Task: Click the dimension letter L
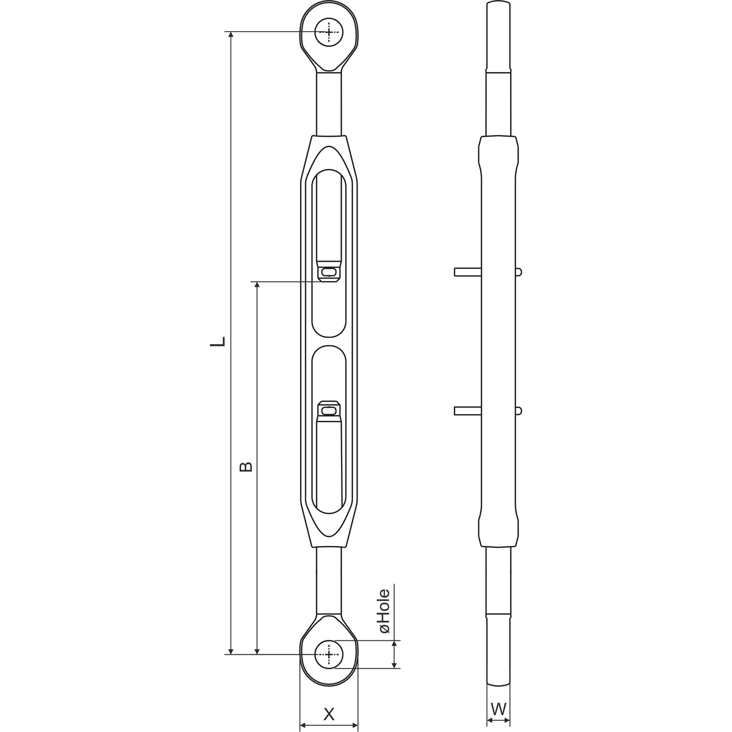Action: point(218,342)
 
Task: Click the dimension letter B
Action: point(246,467)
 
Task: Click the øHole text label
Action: point(384,611)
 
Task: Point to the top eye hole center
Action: point(329,32)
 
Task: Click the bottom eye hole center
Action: point(329,654)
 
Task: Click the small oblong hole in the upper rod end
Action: point(329,272)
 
